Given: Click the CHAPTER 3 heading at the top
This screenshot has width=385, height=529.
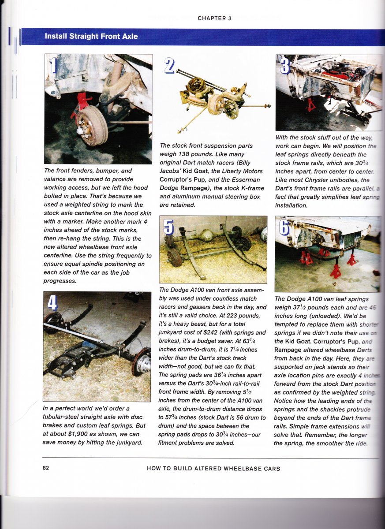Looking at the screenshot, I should click(x=214, y=19).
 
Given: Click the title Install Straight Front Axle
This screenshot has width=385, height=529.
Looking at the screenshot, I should click(x=91, y=36).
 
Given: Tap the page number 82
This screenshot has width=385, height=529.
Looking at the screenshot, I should click(x=46, y=468).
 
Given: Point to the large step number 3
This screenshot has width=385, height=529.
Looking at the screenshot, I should click(x=285, y=65).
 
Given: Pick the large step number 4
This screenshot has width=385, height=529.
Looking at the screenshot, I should click(x=52, y=302).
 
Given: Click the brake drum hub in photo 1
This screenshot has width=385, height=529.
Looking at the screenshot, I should click(x=92, y=126).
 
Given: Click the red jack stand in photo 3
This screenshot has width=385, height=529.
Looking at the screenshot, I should click(x=310, y=105).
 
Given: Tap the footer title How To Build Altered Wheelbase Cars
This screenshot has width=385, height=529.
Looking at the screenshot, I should click(x=213, y=468).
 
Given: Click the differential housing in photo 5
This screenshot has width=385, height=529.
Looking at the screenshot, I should click(x=206, y=237).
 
